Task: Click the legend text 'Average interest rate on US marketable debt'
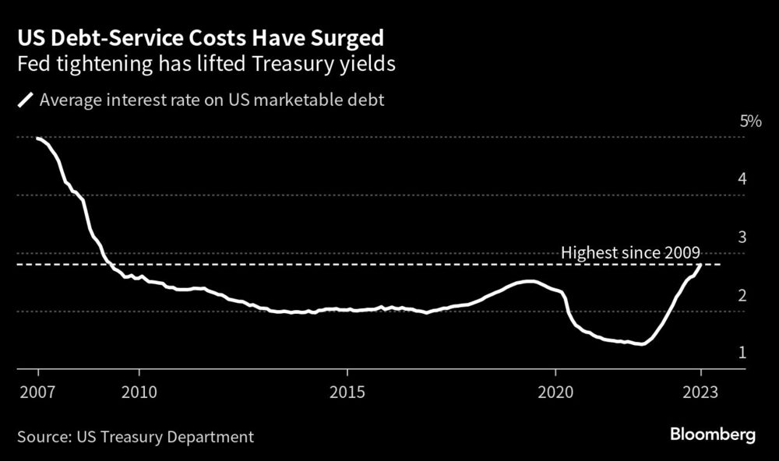[211, 100]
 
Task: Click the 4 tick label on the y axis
[743, 178]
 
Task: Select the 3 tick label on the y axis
[743, 237]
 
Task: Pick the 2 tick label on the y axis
[743, 295]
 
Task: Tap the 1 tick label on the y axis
[743, 353]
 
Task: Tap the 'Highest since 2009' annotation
[631, 252]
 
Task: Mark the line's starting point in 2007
[37, 138]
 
